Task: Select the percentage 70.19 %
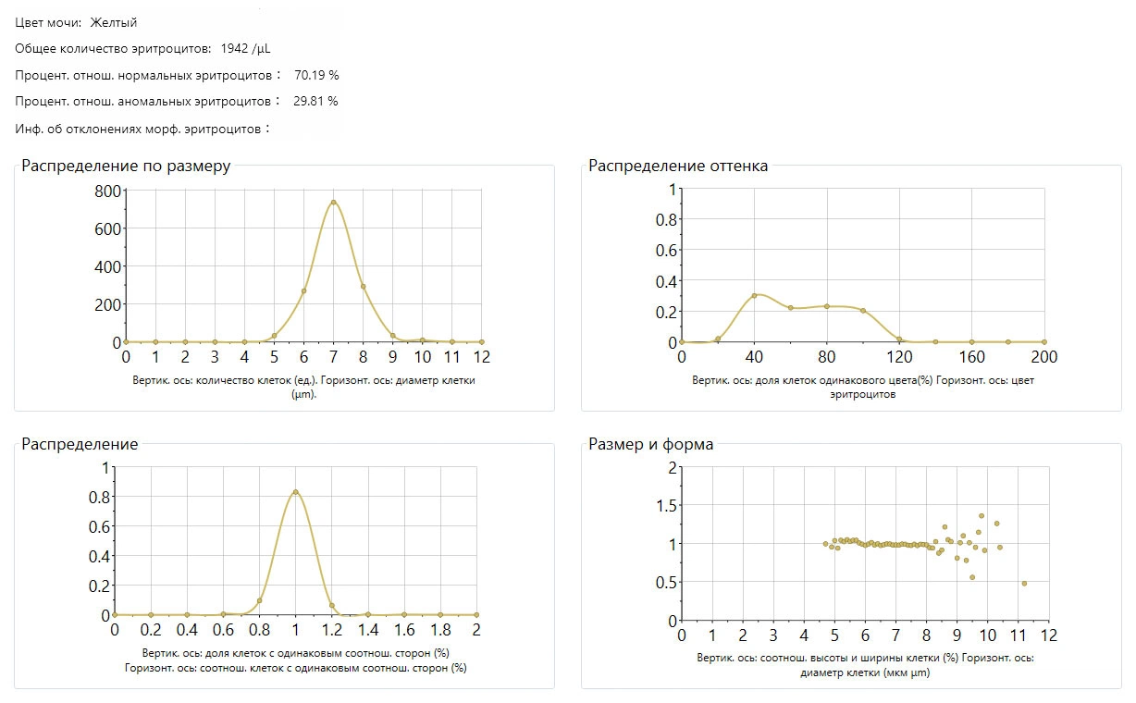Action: [x=316, y=75]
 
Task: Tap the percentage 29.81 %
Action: [x=315, y=101]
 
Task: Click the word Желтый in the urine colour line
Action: [x=114, y=22]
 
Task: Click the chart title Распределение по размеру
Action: [x=126, y=166]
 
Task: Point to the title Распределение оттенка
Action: [x=678, y=166]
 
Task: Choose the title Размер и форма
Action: [x=650, y=444]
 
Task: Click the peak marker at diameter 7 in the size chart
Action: [x=333, y=203]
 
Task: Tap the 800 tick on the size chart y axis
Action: [x=108, y=191]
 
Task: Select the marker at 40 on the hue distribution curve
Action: [x=754, y=296]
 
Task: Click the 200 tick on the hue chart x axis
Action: [x=1043, y=357]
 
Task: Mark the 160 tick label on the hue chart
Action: [x=971, y=357]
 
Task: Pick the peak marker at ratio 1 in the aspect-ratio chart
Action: [x=295, y=492]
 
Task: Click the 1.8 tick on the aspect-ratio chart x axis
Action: [x=440, y=630]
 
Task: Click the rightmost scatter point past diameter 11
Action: [x=1024, y=583]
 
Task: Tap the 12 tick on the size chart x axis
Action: [x=481, y=357]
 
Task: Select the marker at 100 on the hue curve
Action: [x=862, y=311]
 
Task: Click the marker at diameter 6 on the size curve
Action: [x=303, y=291]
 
